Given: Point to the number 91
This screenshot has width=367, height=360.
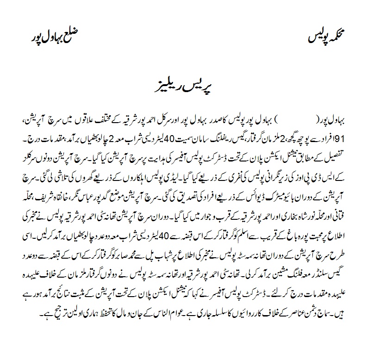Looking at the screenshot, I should (27, 138).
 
